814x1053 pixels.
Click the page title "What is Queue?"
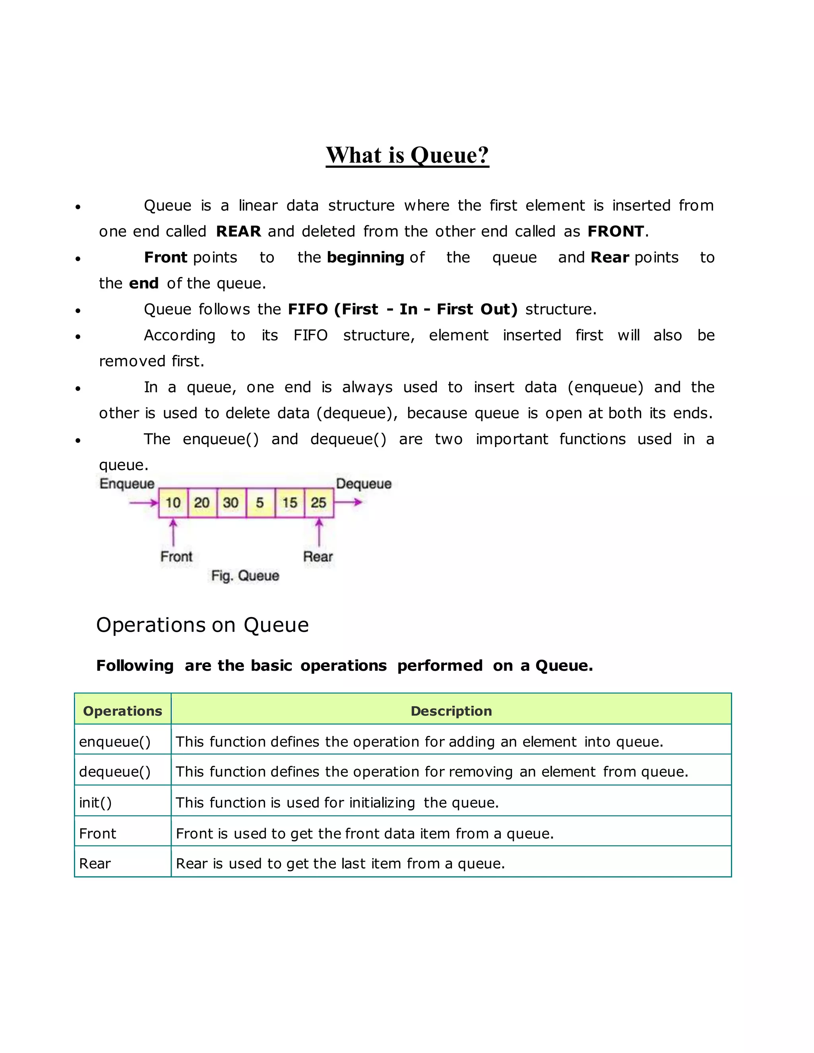[x=407, y=155]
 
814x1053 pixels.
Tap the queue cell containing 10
[x=173, y=503]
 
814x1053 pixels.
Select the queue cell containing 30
[x=231, y=503]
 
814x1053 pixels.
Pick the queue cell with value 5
[x=260, y=503]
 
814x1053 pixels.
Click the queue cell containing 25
[x=318, y=503]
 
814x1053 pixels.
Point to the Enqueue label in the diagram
[x=127, y=484]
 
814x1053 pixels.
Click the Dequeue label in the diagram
[x=364, y=484]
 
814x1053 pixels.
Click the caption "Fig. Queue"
[x=245, y=576]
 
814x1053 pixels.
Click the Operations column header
[x=122, y=711]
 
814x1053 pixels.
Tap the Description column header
[x=451, y=711]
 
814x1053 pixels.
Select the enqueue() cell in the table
[x=115, y=741]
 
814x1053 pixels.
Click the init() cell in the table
[x=95, y=803]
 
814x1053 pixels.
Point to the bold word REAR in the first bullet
[x=238, y=231]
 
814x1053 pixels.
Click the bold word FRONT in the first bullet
[x=615, y=231]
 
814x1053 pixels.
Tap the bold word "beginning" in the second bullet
[x=365, y=257]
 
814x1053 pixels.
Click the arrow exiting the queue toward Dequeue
[x=348, y=502]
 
